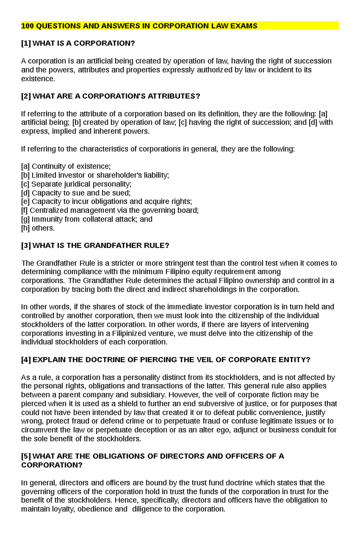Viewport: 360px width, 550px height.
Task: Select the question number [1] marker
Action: point(26,43)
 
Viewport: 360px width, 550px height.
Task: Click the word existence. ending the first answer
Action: point(38,79)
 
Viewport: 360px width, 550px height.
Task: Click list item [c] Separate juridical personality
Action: point(76,184)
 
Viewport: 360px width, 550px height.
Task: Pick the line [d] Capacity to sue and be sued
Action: point(76,193)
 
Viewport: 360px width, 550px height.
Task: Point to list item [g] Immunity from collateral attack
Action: point(86,219)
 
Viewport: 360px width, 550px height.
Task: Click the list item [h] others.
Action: point(38,228)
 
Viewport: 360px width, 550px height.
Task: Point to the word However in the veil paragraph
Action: point(186,395)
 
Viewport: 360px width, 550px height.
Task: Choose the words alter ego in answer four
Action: point(218,430)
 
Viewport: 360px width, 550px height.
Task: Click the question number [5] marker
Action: point(26,456)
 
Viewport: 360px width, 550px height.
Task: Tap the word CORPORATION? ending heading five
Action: point(52,465)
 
